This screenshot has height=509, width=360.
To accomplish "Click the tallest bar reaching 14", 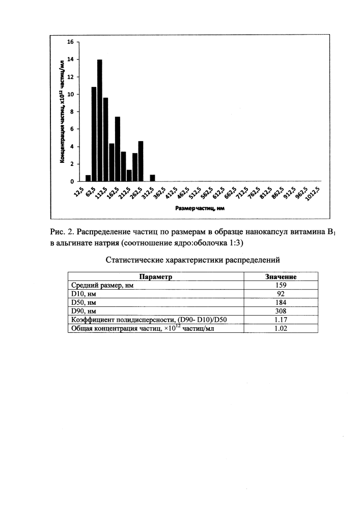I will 100,121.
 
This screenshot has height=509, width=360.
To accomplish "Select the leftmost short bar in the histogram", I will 88,178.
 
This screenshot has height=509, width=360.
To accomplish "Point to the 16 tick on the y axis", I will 71,42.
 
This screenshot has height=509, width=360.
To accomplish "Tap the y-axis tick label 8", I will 73,112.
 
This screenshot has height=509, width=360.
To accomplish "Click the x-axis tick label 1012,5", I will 312,194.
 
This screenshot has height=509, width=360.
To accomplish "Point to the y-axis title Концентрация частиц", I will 62,111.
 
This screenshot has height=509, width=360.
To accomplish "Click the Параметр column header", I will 156,276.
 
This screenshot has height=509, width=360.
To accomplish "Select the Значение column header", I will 281,276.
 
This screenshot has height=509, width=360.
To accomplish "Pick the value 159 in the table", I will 281,285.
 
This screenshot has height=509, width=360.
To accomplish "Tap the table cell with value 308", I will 281,311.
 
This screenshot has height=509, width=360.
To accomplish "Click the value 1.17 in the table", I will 281,320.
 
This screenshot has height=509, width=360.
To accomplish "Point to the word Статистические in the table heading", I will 134,260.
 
